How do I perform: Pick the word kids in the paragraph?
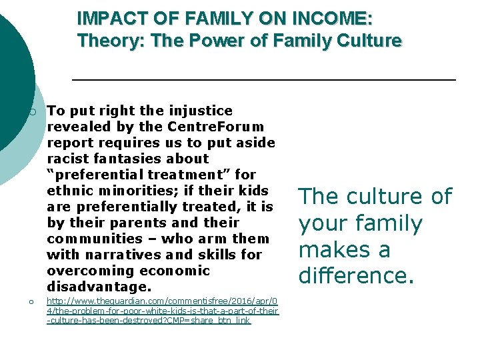point(254,191)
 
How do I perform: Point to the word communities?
point(95,239)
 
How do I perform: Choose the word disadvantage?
point(99,287)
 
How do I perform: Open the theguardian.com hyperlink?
point(162,311)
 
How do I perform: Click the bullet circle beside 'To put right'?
point(33,111)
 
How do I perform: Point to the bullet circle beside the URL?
point(33,303)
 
